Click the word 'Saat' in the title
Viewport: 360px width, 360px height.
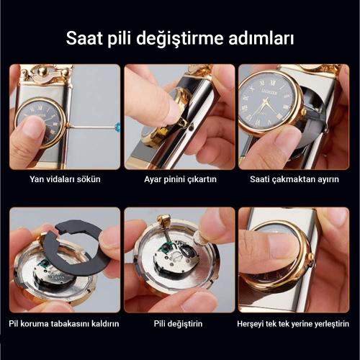[86, 37]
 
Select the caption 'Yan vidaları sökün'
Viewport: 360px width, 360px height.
[65, 179]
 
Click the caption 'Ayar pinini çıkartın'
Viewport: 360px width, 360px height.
[179, 179]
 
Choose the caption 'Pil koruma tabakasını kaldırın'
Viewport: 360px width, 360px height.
[65, 324]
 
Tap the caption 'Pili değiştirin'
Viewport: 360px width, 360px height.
[179, 324]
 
